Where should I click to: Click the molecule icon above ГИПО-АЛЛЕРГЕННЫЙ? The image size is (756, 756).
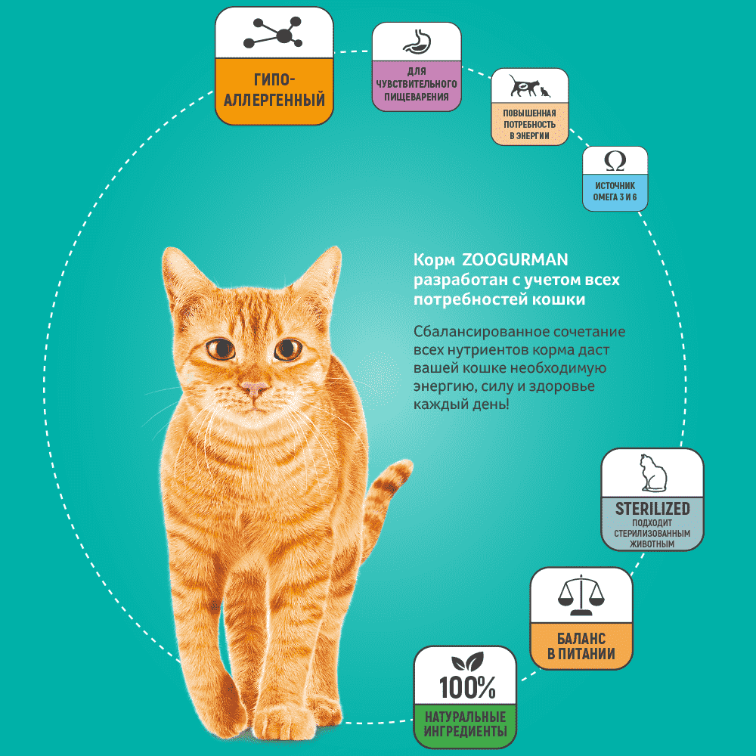click(273, 33)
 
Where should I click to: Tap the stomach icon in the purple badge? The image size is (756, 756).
click(417, 42)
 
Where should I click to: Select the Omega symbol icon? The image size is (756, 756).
click(615, 161)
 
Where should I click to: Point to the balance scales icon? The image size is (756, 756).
click(581, 596)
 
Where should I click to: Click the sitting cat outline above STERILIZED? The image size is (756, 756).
click(653, 473)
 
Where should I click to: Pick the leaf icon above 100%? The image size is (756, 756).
click(467, 661)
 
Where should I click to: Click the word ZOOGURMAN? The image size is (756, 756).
click(515, 259)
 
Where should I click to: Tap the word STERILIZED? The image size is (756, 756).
click(652, 509)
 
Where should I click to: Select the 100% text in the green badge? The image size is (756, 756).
click(467, 687)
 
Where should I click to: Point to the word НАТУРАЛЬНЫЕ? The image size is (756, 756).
click(465, 717)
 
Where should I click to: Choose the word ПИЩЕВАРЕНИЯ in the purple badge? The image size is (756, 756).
click(417, 97)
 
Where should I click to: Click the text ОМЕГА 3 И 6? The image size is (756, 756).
click(615, 197)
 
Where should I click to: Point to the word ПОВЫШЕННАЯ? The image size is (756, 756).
click(529, 113)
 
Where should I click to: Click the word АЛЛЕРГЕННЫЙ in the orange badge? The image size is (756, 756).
click(274, 100)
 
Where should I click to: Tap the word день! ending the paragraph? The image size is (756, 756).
click(491, 404)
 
